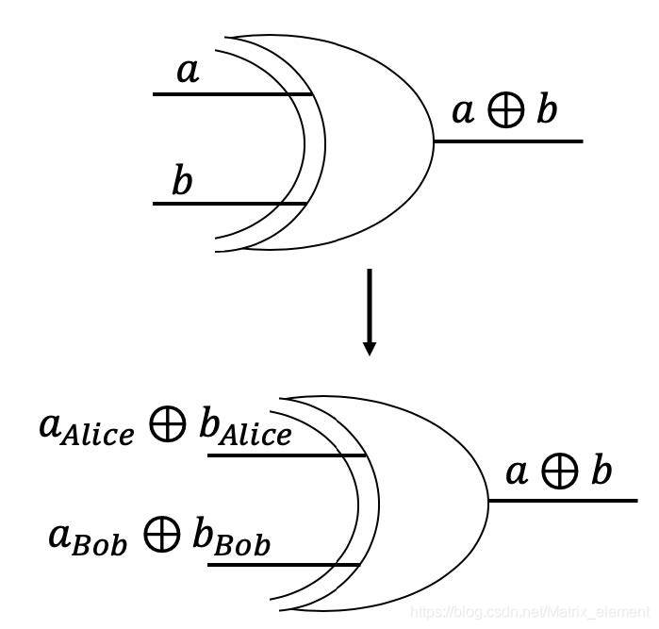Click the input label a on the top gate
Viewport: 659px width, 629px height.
tap(189, 72)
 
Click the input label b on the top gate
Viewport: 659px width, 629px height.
tap(182, 181)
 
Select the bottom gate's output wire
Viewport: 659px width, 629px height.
tap(562, 500)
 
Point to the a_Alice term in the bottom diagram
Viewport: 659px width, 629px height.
tap(86, 429)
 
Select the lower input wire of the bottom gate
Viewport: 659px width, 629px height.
tap(283, 565)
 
